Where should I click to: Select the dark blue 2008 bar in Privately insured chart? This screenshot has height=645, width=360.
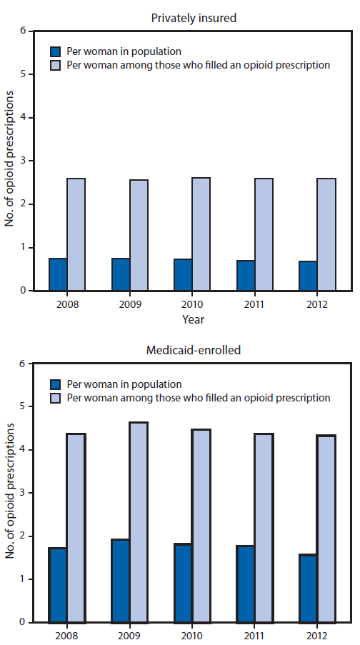[x=59, y=274]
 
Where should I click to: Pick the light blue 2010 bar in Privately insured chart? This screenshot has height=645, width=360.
[x=201, y=234]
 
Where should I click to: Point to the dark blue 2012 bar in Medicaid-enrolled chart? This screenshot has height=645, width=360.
[x=309, y=588]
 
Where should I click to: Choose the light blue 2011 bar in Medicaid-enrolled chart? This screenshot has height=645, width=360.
[x=264, y=528]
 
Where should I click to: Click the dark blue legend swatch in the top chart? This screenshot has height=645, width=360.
[x=55, y=51]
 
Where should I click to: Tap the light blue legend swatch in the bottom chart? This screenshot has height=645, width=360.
[x=55, y=398]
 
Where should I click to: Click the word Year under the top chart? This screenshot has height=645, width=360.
[x=192, y=319]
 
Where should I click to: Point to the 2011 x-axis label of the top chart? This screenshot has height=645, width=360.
[x=255, y=303]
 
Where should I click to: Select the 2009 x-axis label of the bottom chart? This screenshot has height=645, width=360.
[x=129, y=635]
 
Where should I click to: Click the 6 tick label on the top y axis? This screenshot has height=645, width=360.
[x=23, y=31]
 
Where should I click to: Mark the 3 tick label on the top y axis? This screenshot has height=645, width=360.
[x=23, y=161]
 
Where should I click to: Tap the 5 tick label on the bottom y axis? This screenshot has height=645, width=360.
[x=23, y=407]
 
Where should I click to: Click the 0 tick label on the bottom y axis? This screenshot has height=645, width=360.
[x=23, y=622]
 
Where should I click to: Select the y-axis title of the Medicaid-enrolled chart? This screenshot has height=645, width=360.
[x=9, y=493]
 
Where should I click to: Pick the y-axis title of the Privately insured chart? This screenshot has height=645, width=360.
[x=9, y=161]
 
